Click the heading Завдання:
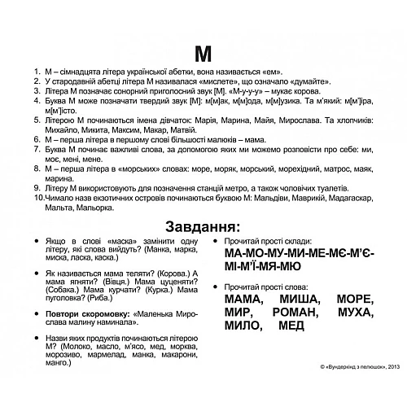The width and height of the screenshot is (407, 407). (203, 225)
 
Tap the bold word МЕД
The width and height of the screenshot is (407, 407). (291, 326)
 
